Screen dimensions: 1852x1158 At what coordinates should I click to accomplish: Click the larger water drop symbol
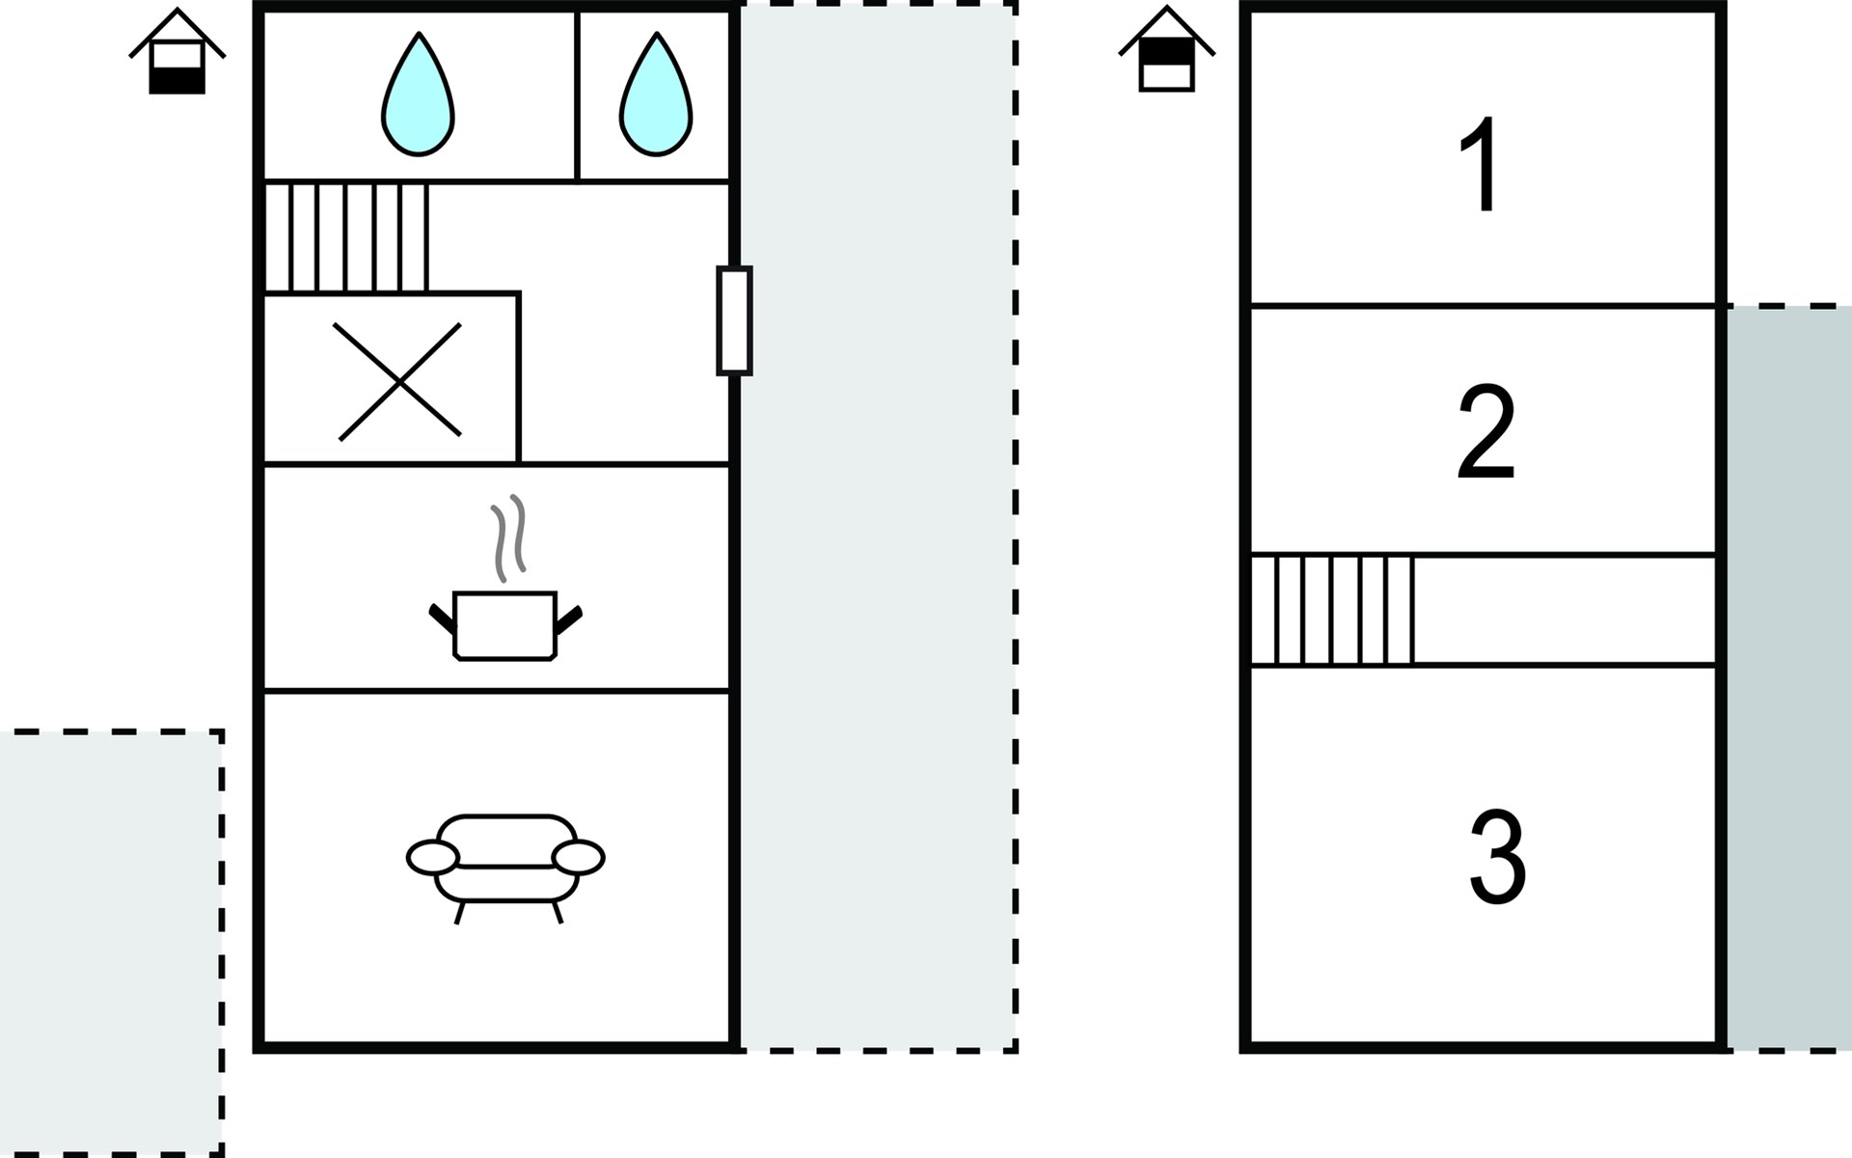[418, 94]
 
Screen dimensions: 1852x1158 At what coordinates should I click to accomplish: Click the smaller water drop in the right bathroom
[656, 94]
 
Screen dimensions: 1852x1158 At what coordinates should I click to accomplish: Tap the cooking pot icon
[505, 625]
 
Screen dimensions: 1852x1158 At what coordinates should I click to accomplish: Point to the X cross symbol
[397, 381]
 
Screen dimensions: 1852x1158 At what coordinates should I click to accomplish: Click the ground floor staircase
[346, 237]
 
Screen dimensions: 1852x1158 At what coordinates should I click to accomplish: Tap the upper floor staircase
[1332, 610]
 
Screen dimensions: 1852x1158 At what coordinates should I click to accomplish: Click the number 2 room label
[1486, 432]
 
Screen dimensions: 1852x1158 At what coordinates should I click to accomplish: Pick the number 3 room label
[1497, 857]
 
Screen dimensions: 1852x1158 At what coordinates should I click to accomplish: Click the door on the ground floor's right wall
[734, 320]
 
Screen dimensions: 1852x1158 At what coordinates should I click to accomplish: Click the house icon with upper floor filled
[1167, 49]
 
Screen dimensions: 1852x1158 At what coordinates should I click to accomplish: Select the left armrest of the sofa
[433, 857]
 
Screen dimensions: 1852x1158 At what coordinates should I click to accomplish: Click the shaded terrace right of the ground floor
[878, 527]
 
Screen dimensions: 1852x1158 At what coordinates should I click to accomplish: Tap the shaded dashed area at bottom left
[111, 943]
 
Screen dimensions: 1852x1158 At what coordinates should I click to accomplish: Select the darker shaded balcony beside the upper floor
[1789, 678]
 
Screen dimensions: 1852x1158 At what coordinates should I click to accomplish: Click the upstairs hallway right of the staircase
[1565, 610]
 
